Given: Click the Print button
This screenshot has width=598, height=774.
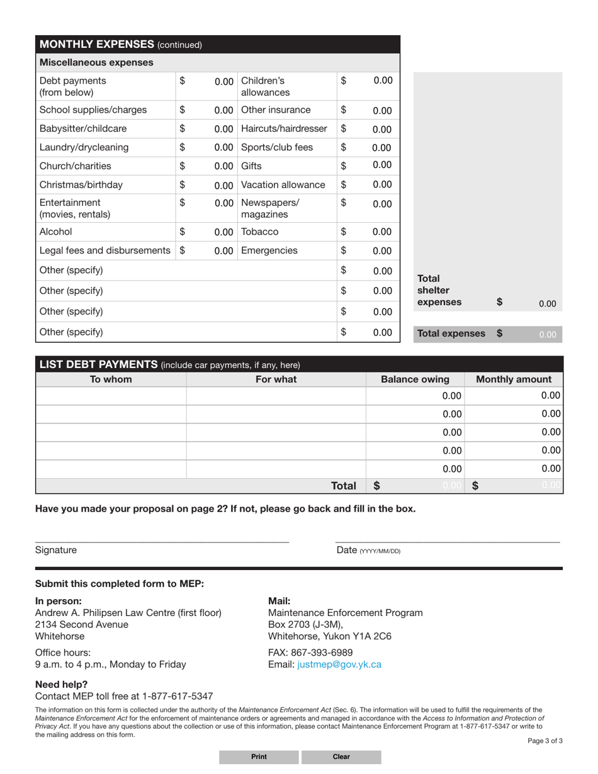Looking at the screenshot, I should [x=259, y=757].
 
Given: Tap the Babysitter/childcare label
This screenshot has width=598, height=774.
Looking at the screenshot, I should [x=83, y=128].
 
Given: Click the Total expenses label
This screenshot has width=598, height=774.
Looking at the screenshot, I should [x=451, y=334].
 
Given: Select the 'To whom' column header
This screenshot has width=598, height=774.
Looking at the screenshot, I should [x=111, y=379].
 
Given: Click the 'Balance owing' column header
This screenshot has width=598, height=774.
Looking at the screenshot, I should [x=415, y=379].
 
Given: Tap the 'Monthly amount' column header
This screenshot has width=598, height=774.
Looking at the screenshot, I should [x=514, y=379].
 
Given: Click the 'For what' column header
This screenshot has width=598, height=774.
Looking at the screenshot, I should [x=276, y=379].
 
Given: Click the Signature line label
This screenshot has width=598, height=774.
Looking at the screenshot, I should [x=56, y=550].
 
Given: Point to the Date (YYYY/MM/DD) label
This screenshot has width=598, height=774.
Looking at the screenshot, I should [x=368, y=551].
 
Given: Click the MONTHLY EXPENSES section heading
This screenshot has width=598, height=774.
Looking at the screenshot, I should [x=120, y=44].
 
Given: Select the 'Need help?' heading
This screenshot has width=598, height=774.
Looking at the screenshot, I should [x=62, y=684].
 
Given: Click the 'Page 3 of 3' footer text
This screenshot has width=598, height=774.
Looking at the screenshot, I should [x=544, y=741].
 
